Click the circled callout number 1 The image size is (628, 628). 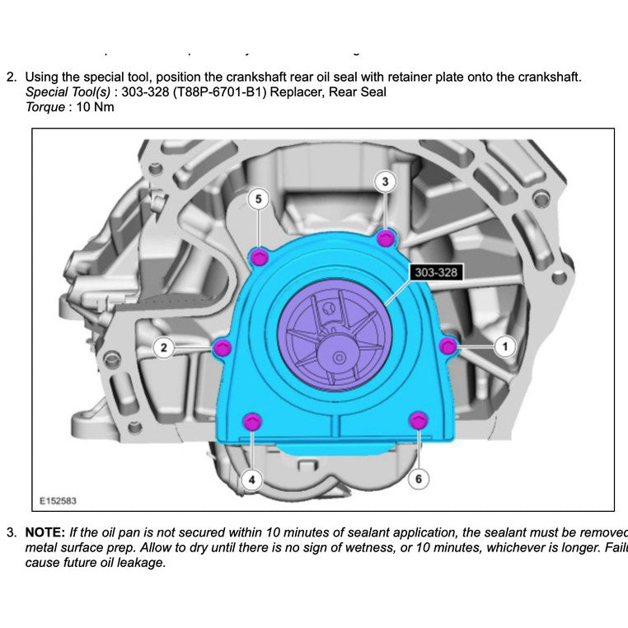click(504, 346)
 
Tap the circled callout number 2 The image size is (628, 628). click(164, 348)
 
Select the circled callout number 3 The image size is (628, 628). click(385, 181)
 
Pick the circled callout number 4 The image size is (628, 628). click(252, 478)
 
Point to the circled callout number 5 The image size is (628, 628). click(259, 199)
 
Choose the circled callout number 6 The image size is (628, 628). click(418, 478)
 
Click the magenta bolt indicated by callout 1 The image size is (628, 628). click(448, 346)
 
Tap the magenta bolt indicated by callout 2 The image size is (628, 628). click(221, 349)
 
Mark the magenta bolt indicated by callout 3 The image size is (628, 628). click(385, 238)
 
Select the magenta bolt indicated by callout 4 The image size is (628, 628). click(253, 421)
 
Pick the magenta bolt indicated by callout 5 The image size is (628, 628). click(259, 257)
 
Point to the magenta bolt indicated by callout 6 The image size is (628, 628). click(418, 421)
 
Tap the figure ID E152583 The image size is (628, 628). click(59, 500)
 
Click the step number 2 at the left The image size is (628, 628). click(11, 77)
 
